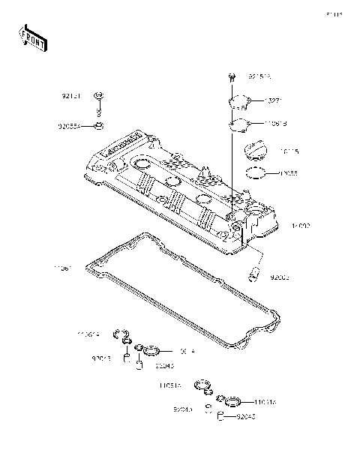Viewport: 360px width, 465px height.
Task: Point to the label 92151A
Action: click(x=259, y=76)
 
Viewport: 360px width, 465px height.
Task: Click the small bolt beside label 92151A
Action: click(x=233, y=76)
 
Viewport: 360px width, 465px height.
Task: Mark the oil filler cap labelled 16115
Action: click(x=255, y=155)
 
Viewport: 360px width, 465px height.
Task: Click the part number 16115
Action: click(x=289, y=151)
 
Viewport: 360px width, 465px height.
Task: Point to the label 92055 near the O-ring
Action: click(x=289, y=173)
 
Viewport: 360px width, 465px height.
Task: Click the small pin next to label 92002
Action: click(x=254, y=274)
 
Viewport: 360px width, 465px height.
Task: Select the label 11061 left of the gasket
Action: click(x=62, y=268)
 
